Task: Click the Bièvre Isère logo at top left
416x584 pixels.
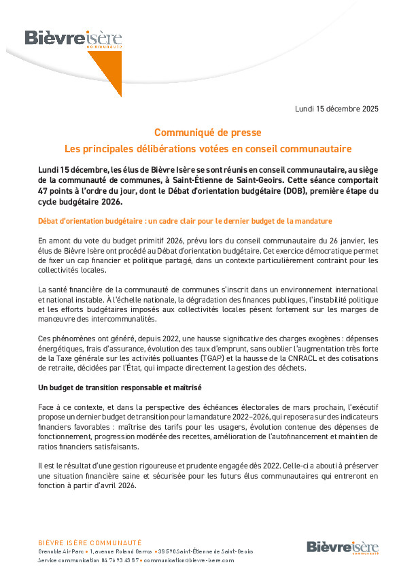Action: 64,38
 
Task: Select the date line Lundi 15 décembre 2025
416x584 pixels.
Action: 336,109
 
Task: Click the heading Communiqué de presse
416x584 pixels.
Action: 207,132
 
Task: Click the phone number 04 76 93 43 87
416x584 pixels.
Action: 121,560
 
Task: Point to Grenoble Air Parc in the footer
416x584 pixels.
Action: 60,551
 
